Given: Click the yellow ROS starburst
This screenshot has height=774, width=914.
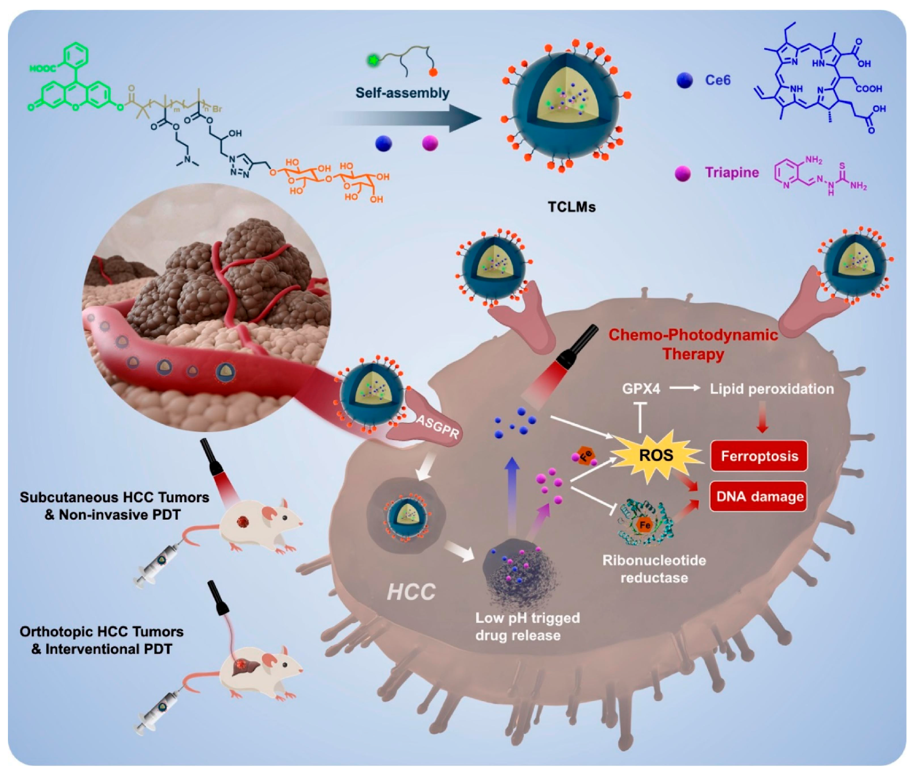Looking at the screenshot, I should tap(656, 455).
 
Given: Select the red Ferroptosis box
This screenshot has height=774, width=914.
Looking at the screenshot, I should tap(759, 456).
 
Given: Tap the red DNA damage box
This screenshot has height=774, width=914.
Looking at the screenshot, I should tap(759, 496).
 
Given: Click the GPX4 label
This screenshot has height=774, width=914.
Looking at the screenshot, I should tap(641, 389).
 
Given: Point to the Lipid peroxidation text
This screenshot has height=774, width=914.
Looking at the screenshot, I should tap(771, 389).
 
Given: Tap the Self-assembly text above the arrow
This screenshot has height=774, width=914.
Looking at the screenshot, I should tap(402, 93).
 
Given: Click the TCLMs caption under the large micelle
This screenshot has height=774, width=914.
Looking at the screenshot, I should tap(571, 207).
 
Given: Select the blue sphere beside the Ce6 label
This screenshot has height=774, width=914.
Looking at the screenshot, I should tap(684, 80).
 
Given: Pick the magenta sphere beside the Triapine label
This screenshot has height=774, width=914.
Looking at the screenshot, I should tap(683, 174).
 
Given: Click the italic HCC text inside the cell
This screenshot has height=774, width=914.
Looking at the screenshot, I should tap(411, 592).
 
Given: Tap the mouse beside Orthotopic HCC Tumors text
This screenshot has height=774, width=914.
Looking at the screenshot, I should tap(260, 672).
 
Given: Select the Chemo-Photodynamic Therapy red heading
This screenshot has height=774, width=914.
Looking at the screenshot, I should tap(693, 345).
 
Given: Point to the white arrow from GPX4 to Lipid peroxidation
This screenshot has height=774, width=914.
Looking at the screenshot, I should tap(684, 388).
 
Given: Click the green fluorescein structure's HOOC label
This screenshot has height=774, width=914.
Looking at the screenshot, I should tap(42, 68).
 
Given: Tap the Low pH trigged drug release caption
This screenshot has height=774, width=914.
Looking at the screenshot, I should tap(527, 627).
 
